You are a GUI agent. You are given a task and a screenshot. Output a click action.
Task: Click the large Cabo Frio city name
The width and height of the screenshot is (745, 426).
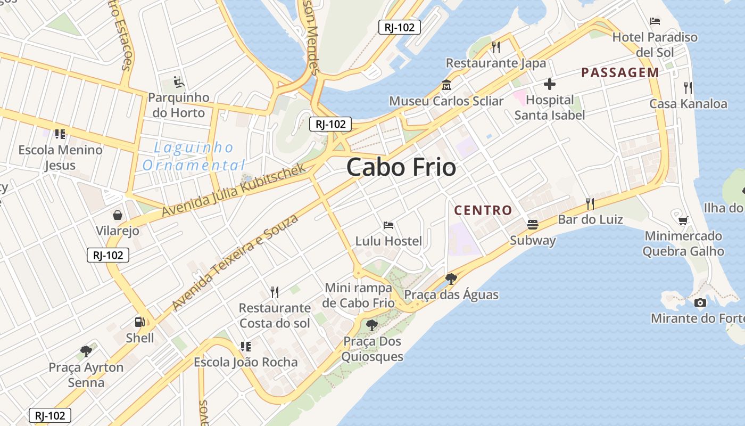[401, 168]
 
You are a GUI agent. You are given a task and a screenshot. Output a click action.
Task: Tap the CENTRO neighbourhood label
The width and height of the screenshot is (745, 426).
[483, 210]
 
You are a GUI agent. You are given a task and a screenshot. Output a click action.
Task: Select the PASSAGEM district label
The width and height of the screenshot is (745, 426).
[620, 73]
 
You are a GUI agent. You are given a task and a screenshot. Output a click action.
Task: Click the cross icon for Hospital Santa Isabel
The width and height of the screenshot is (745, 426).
[549, 84]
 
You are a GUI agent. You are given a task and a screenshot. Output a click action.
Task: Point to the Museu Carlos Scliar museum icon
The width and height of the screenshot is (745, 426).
[446, 85]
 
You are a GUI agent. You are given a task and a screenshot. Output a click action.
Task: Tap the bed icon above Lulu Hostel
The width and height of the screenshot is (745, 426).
[388, 225]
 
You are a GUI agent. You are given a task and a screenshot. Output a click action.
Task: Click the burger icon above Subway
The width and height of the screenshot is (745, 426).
[533, 225]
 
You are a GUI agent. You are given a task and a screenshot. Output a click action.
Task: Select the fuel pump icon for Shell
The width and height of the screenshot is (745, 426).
[139, 322]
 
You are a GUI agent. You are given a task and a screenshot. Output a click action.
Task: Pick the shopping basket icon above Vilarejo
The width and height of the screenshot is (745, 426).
[118, 215]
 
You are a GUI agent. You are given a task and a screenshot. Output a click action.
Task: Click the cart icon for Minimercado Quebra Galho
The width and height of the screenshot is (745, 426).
[683, 220]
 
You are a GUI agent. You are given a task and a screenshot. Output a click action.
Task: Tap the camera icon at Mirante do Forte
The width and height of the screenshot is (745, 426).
[700, 303]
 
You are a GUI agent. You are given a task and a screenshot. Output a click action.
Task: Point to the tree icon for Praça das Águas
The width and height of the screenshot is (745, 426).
[451, 278]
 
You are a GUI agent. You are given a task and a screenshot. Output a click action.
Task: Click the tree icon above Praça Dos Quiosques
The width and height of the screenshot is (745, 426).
[372, 325]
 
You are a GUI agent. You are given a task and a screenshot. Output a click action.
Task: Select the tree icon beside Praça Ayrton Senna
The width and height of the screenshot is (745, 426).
[86, 351]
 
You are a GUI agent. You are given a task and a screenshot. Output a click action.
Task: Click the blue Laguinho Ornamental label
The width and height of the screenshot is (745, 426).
[194, 156]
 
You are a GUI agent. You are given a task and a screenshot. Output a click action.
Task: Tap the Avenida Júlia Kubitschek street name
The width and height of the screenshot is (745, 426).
[234, 190]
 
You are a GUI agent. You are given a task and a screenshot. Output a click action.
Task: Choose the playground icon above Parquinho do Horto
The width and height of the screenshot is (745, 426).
[179, 83]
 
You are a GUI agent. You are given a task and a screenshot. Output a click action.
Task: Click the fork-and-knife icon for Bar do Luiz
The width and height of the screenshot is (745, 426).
[590, 203]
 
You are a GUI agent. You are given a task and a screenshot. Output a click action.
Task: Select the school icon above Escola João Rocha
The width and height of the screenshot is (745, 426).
[245, 347]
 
